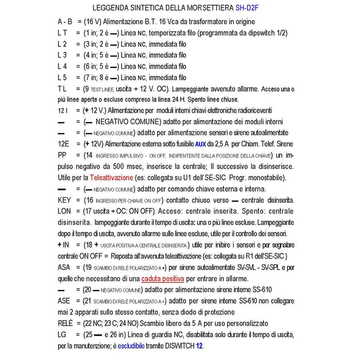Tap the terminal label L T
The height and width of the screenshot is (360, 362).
coord(62,33)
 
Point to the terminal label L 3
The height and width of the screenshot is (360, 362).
coord(62,55)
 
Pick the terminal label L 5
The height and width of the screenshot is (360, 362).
coord(62,77)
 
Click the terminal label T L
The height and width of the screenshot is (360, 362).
coord(62,88)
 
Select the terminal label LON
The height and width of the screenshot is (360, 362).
coord(66,211)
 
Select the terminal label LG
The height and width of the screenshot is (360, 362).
coord(63,334)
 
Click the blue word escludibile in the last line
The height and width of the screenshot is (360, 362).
coord(136,345)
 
